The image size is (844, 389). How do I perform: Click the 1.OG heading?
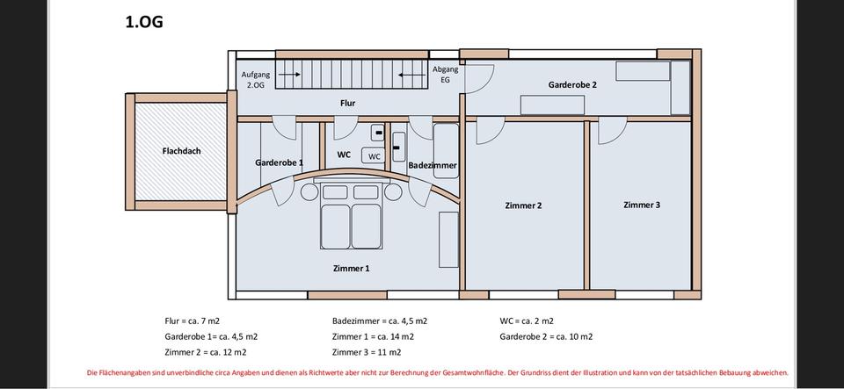click(x=144, y=22)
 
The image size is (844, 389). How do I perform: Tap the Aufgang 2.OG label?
click(x=255, y=80)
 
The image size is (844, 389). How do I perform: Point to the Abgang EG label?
click(x=445, y=74)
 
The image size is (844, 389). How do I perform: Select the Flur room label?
click(x=347, y=103)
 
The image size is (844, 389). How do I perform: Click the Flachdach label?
click(x=181, y=151)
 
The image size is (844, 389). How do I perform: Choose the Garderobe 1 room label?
click(x=279, y=162)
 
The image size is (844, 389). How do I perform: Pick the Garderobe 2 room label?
click(x=572, y=85)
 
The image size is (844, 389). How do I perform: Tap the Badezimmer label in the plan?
click(x=432, y=165)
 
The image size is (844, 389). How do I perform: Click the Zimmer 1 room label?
click(x=351, y=268)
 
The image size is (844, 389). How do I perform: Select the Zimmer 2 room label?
click(x=522, y=205)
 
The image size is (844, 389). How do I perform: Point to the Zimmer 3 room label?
click(x=641, y=205)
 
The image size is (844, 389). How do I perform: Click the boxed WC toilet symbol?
click(x=375, y=156)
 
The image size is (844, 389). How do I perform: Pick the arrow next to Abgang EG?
click(x=411, y=76)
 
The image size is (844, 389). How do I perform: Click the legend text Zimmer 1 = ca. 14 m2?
click(x=373, y=336)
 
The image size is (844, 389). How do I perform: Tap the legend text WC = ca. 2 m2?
click(x=527, y=321)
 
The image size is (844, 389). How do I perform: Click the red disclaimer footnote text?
click(x=438, y=372)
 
